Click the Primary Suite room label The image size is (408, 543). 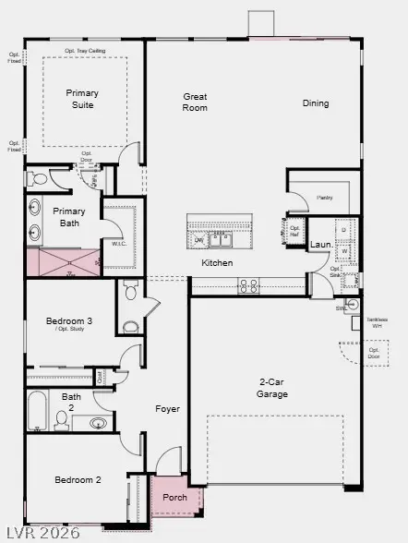tap(81, 99)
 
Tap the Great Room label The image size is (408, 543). tap(195, 102)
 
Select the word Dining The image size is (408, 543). tap(315, 103)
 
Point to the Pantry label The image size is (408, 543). tap(324, 198)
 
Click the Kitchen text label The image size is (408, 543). tap(218, 263)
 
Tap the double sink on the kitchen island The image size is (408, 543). tap(220, 240)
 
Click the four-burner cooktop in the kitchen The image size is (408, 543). tap(248, 287)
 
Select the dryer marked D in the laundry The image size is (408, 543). tap(343, 229)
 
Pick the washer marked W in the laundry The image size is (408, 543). tap(343, 249)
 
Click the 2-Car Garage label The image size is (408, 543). tap(272, 388)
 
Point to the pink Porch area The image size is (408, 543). tap(174, 498)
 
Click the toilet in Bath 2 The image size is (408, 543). tap(62, 420)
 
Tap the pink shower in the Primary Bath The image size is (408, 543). tap(61, 262)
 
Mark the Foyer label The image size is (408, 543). tap(167, 409)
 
